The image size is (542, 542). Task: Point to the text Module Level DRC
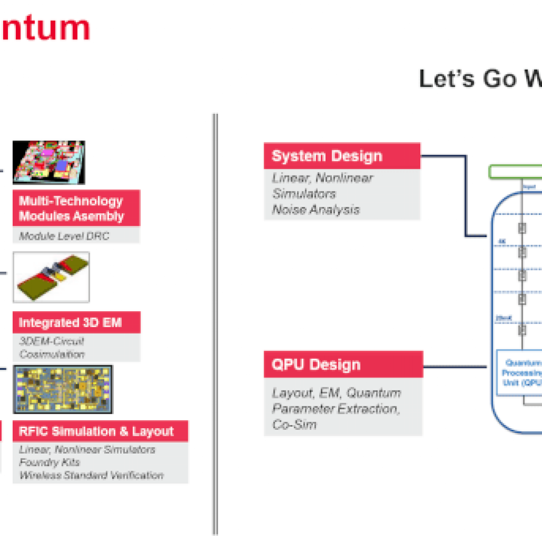tap(64, 236)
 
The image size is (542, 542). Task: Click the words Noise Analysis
tap(316, 210)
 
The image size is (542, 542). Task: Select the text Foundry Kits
tap(50, 462)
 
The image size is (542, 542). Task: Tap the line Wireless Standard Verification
tap(91, 475)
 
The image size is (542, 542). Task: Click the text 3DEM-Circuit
tap(52, 341)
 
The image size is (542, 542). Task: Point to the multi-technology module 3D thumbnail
tap(49, 162)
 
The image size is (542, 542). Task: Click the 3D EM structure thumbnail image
tap(51, 277)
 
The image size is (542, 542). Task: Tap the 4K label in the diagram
tap(502, 241)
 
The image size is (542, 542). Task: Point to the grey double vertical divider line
tap(215, 323)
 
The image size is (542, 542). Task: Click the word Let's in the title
tap(447, 79)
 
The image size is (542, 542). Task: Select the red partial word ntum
tap(44, 28)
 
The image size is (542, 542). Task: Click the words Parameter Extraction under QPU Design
tap(335, 409)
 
